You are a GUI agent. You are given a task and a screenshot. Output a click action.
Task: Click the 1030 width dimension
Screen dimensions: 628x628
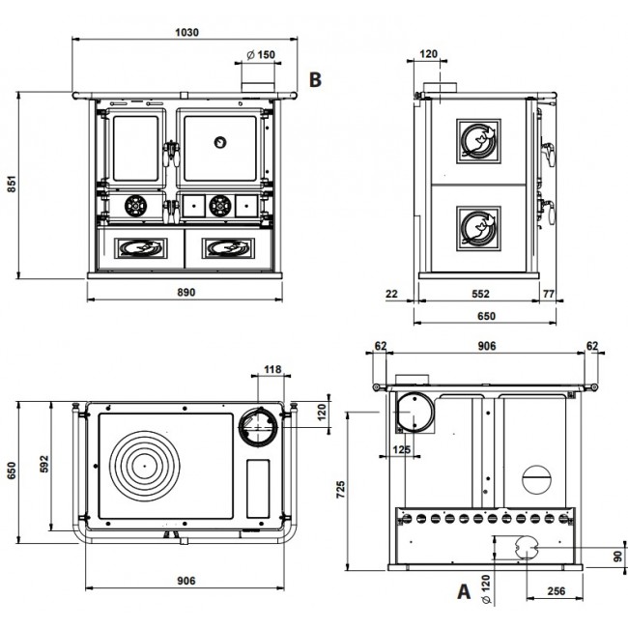click(x=186, y=33)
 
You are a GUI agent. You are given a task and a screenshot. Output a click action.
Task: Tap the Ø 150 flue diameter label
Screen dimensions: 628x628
click(x=261, y=54)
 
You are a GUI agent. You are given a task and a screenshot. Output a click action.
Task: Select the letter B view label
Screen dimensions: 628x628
click(x=315, y=79)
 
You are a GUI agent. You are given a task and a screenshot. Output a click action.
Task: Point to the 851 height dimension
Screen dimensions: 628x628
click(x=12, y=184)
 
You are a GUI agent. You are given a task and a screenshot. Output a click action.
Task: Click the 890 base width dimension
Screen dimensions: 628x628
click(x=186, y=293)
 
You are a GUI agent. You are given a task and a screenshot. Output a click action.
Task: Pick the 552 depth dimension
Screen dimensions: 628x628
click(x=480, y=294)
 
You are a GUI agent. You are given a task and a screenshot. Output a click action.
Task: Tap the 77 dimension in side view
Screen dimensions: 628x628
click(x=549, y=294)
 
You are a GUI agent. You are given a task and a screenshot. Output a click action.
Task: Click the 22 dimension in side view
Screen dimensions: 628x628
click(x=391, y=294)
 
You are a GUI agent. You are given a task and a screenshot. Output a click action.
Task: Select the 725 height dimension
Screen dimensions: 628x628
click(x=340, y=490)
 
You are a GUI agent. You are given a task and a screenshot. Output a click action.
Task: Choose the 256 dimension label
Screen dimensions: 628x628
click(x=556, y=591)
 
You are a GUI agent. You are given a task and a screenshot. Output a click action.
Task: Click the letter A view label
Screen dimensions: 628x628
click(x=464, y=591)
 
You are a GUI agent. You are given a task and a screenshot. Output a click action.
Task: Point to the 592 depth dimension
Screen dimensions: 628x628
click(x=44, y=464)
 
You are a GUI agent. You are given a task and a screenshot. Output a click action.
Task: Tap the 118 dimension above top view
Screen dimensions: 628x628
click(x=272, y=369)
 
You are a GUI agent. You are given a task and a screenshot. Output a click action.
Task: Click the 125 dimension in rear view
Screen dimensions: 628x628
click(x=401, y=449)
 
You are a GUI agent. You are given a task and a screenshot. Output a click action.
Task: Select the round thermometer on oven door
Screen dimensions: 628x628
click(x=220, y=142)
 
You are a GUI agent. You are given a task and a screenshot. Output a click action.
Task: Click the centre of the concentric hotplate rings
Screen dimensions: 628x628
click(x=145, y=466)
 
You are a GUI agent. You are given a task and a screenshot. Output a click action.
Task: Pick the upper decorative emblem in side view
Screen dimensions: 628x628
click(x=478, y=141)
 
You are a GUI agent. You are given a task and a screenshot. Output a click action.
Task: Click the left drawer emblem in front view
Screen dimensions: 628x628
click(x=141, y=248)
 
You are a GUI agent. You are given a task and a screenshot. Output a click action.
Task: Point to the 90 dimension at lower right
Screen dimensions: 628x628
click(x=618, y=557)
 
